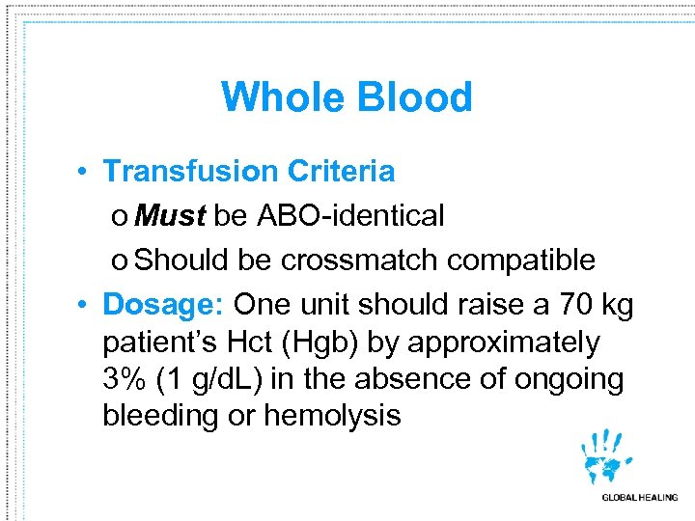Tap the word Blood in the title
click(x=415, y=97)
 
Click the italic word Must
click(x=170, y=216)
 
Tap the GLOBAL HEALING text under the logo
click(x=639, y=497)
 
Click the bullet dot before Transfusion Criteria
click(x=85, y=172)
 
